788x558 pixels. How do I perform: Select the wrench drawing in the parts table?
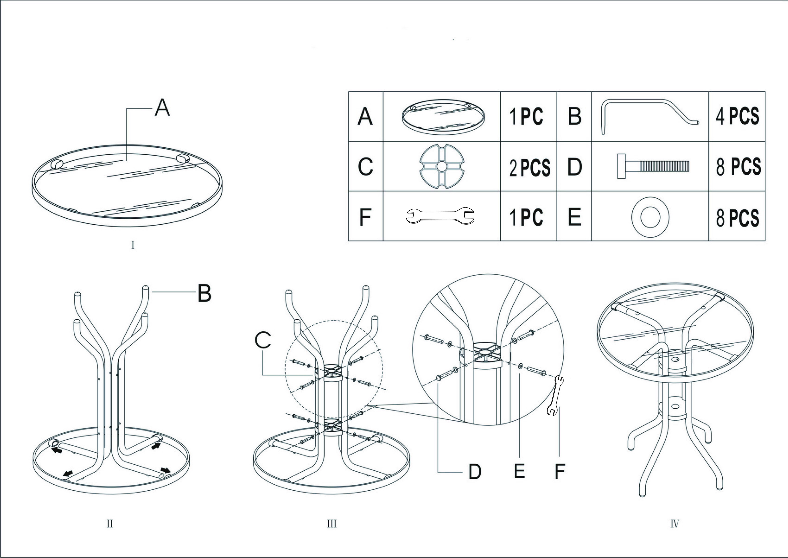440,216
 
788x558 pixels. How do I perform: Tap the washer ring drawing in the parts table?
650,217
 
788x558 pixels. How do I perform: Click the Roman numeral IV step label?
675,524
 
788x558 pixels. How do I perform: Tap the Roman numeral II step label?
110,524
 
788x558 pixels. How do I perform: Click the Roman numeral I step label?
133,245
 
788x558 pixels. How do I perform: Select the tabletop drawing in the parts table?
443,116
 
